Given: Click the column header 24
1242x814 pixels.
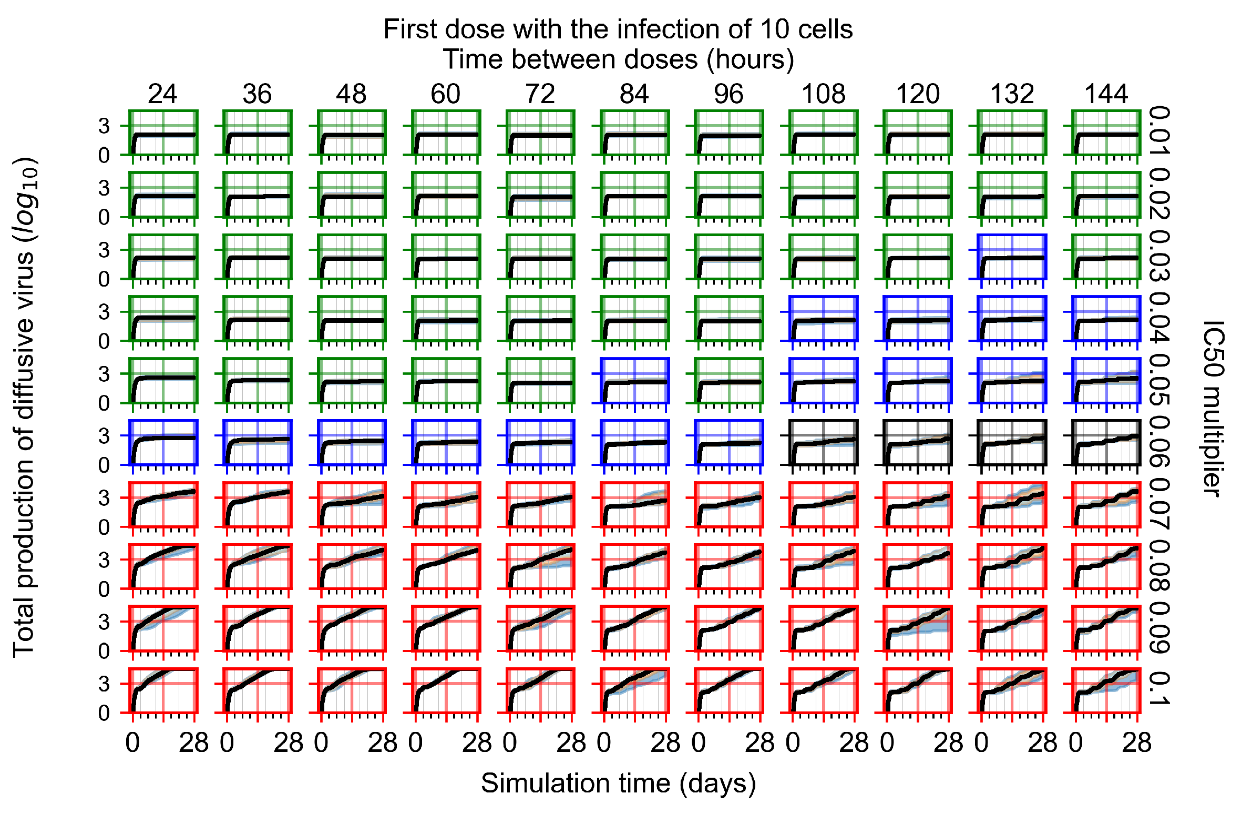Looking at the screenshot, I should click(162, 95).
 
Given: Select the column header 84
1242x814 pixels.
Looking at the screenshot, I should click(634, 95).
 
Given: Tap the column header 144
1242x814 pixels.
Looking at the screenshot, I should click(1106, 95).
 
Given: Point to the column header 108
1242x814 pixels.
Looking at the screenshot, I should click(823, 95).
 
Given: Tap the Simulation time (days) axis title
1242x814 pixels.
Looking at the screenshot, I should click(618, 784).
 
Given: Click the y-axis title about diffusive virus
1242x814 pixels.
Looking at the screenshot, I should click(25, 408).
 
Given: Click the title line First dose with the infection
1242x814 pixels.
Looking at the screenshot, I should click(618, 29).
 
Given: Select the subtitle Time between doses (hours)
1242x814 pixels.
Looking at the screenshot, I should click(618, 59).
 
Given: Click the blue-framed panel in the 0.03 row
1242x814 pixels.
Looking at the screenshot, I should click(1012, 257).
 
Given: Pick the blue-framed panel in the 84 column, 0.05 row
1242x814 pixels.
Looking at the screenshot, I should click(634, 381).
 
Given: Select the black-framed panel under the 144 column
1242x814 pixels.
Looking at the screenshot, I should click(1106, 442).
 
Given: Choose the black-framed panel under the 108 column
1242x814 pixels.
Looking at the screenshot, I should click(823, 442).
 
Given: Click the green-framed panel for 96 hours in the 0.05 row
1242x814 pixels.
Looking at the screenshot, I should click(728, 381).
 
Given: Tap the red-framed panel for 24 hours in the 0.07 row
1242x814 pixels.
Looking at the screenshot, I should click(163, 504).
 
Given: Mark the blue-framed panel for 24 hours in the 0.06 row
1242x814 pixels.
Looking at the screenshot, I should click(163, 442).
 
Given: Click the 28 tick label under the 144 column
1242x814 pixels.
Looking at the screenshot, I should click(1136, 744).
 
